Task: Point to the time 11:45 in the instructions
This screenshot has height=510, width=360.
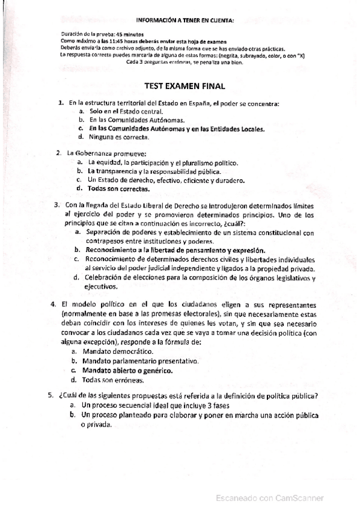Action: [x=115, y=40]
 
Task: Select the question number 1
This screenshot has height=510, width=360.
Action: [x=61, y=103]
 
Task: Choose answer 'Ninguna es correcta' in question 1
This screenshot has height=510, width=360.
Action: [x=118, y=138]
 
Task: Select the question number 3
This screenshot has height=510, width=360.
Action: [x=56, y=205]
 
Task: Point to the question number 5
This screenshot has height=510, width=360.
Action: [x=51, y=396]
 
